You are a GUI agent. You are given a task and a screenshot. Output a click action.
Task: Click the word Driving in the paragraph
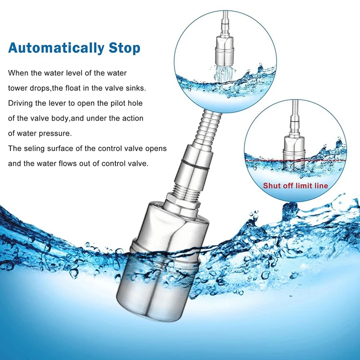tap(21, 103)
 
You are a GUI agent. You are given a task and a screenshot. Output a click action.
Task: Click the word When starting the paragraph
tap(18, 73)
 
